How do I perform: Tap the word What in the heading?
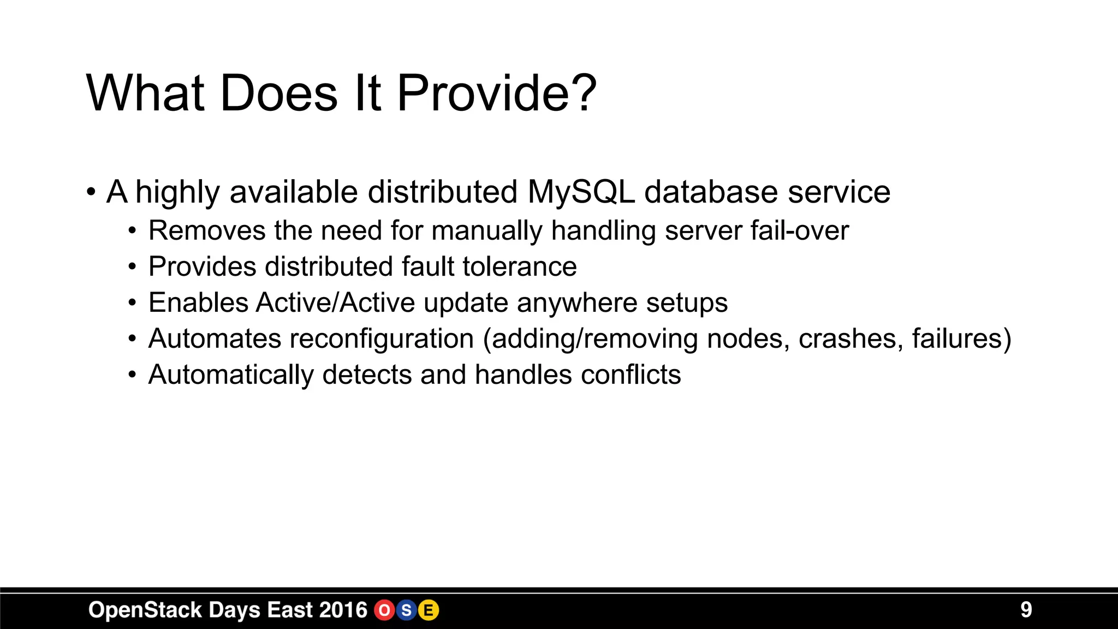pos(145,94)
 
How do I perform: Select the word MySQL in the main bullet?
pos(581,192)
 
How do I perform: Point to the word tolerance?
pos(519,267)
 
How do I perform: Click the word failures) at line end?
pos(961,339)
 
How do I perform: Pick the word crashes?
pos(851,339)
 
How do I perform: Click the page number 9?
pos(1026,610)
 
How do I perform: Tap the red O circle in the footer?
pos(384,610)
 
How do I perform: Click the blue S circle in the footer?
pos(406,610)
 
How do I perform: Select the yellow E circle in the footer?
pos(429,610)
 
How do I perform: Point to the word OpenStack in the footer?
pos(145,610)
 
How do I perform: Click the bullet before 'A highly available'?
pos(91,193)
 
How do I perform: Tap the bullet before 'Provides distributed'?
pos(132,268)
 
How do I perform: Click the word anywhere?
pos(577,303)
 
